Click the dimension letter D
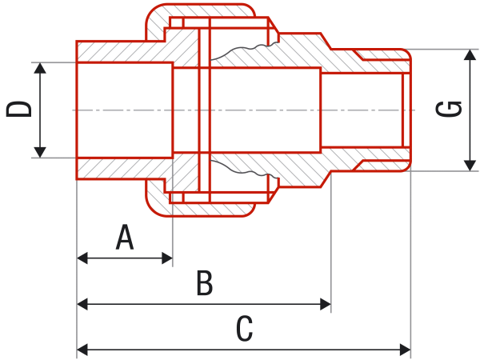(x=19, y=110)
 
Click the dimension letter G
(x=449, y=109)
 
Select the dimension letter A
(x=125, y=238)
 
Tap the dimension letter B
(x=205, y=283)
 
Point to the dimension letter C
(x=245, y=329)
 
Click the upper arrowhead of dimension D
(x=40, y=68)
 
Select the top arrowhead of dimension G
(x=470, y=54)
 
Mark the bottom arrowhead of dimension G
(x=470, y=166)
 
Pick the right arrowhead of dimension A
(x=167, y=258)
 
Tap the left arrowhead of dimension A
(x=82, y=258)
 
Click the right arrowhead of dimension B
(x=326, y=304)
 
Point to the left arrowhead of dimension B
(x=82, y=304)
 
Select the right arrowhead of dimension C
(x=405, y=350)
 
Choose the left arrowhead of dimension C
(x=82, y=350)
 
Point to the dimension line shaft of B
(x=204, y=304)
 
